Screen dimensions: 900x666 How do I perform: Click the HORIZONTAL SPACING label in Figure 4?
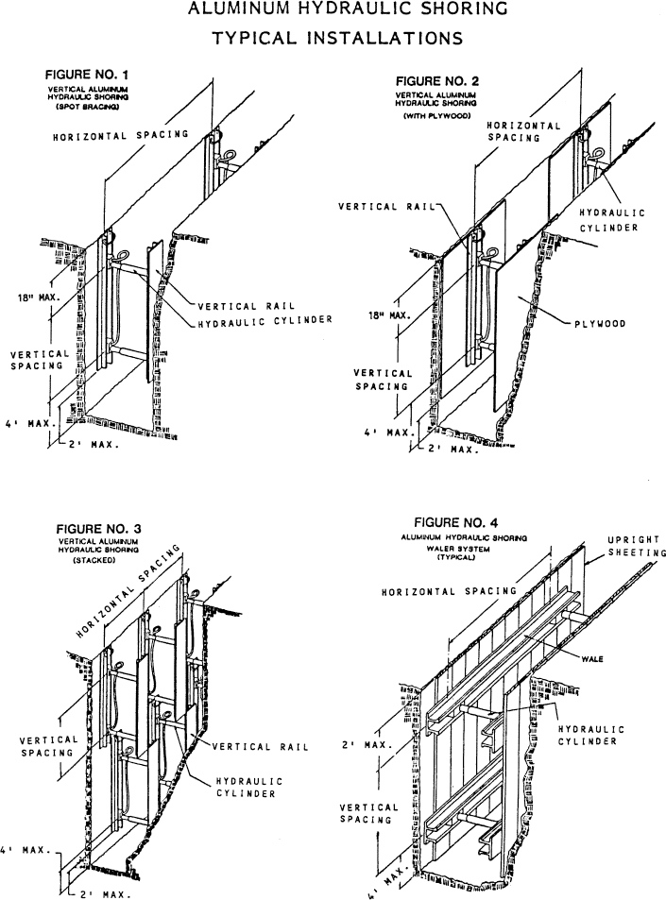click(449, 591)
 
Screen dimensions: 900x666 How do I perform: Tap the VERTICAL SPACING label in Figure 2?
click(384, 379)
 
